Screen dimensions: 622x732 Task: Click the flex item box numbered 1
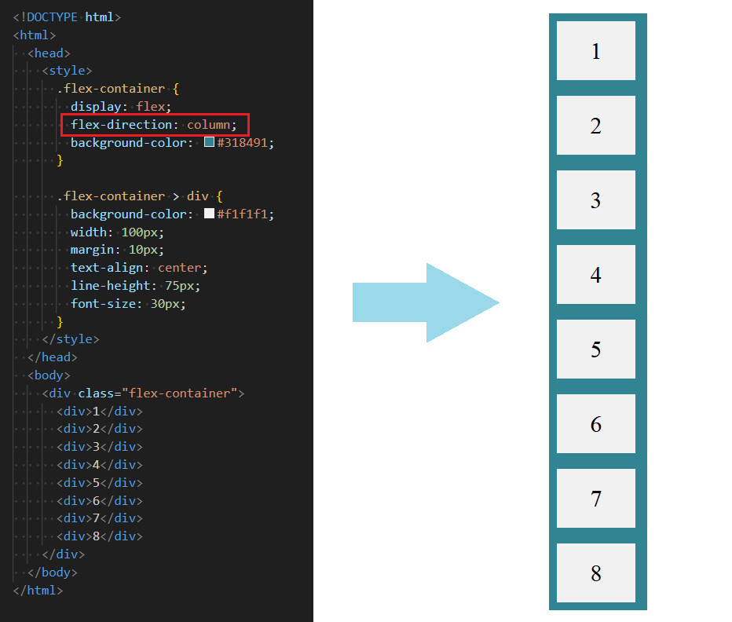pyautogui.click(x=595, y=51)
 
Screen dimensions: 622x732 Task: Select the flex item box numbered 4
pyautogui.click(x=595, y=275)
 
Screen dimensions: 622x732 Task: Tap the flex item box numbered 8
pyautogui.click(x=595, y=573)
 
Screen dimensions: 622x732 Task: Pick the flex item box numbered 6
pyautogui.click(x=595, y=424)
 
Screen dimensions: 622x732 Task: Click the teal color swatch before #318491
pyautogui.click(x=209, y=143)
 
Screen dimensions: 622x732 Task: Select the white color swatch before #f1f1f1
pyautogui.click(x=209, y=214)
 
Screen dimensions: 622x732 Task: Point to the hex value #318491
pyautogui.click(x=245, y=143)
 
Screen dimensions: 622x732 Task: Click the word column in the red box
pyautogui.click(x=208, y=125)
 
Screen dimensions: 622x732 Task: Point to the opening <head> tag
pyautogui.click(x=49, y=53)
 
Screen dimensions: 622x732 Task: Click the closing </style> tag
pyautogui.click(x=71, y=339)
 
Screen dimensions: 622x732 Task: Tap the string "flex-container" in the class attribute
pyautogui.click(x=180, y=393)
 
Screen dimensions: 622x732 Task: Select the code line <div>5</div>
pyautogui.click(x=100, y=483)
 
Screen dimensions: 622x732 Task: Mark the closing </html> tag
pyautogui.click(x=38, y=591)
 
